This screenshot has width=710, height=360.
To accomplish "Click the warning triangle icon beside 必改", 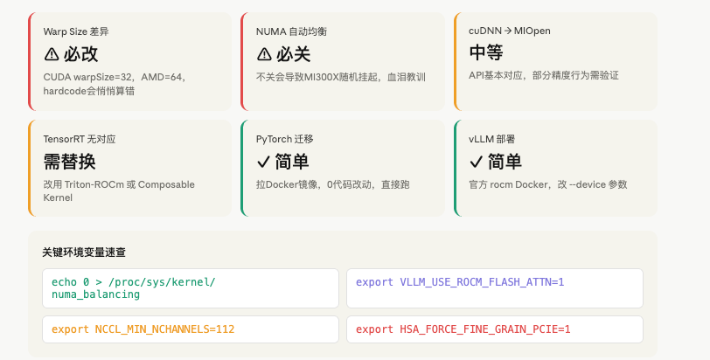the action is click(x=52, y=54).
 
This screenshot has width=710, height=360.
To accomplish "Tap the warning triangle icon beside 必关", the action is click(x=264, y=54).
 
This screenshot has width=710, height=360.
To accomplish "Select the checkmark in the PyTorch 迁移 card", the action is click(x=263, y=162).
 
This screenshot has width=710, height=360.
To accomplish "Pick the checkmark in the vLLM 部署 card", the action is click(x=476, y=162).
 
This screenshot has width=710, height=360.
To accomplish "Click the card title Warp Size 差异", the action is click(x=76, y=31).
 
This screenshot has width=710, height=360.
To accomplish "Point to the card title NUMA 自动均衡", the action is click(x=291, y=31).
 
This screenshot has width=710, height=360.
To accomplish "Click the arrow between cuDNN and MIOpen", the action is click(x=508, y=31).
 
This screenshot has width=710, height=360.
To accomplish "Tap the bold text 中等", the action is click(x=486, y=52).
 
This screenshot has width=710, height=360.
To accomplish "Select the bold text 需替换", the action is click(x=69, y=162).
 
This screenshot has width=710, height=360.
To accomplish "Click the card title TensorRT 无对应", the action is click(x=80, y=139).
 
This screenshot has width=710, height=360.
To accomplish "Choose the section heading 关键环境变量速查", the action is click(x=84, y=253).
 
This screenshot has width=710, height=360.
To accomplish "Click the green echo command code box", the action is click(x=191, y=288).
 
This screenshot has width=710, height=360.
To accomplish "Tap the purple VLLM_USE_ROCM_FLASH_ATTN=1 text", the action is click(x=482, y=282).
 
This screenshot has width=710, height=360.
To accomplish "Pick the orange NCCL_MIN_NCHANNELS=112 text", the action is click(x=164, y=329).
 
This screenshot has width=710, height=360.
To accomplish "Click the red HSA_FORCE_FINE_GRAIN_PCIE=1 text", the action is click(x=485, y=329).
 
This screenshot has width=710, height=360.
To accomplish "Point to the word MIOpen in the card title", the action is click(x=532, y=31).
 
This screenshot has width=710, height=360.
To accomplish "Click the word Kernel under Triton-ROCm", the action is click(x=58, y=197).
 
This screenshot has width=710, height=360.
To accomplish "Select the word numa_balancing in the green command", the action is click(x=95, y=294).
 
